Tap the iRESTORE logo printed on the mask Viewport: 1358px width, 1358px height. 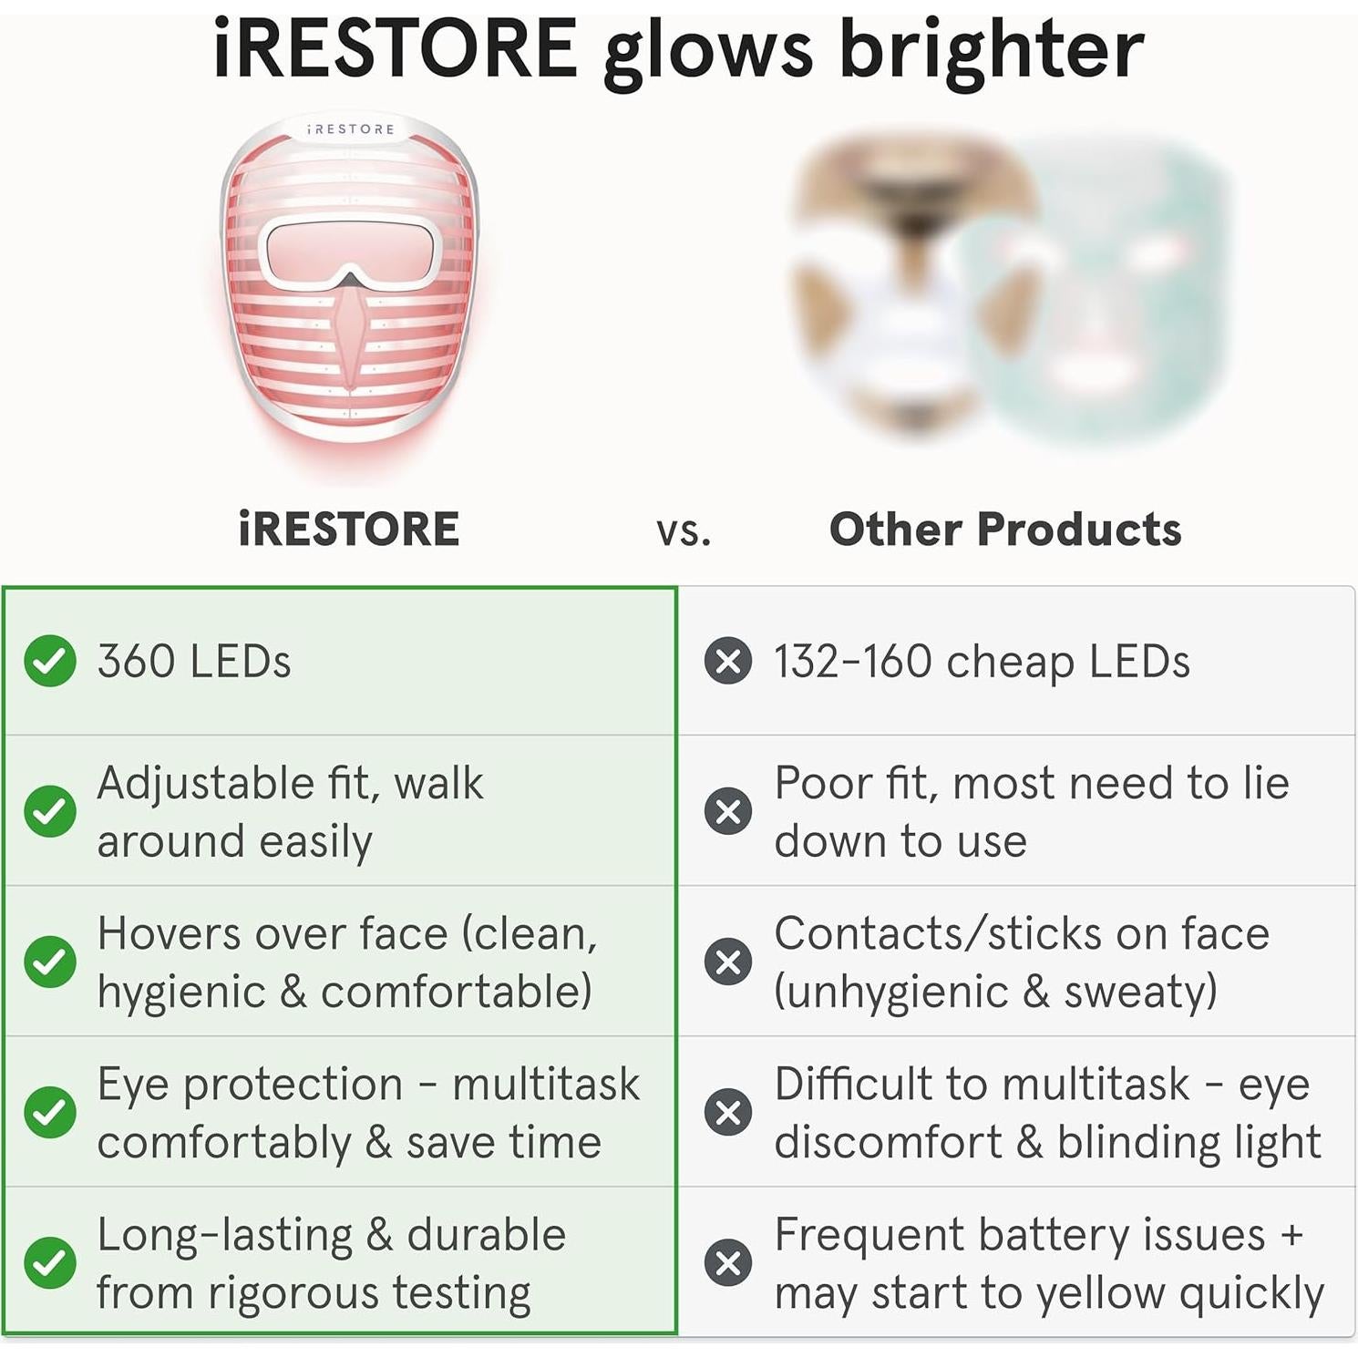tap(351, 129)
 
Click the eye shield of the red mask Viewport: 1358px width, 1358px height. tap(350, 249)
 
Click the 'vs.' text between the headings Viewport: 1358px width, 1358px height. tap(684, 531)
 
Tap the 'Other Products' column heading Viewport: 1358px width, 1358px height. tap(1004, 530)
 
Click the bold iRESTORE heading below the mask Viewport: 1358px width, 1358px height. tap(348, 530)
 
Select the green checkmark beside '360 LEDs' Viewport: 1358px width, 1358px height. tap(50, 661)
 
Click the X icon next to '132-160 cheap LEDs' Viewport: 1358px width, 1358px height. tap(727, 661)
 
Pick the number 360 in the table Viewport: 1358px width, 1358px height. tap(136, 661)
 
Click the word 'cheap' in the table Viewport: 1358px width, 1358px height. tap(1010, 663)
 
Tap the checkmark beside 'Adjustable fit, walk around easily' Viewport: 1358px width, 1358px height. tap(50, 811)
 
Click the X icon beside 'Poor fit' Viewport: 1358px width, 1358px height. tap(727, 811)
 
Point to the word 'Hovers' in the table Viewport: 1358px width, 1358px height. tap(169, 934)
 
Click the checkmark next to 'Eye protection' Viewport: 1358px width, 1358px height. tap(50, 1112)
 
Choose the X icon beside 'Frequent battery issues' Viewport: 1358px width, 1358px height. tap(727, 1263)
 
